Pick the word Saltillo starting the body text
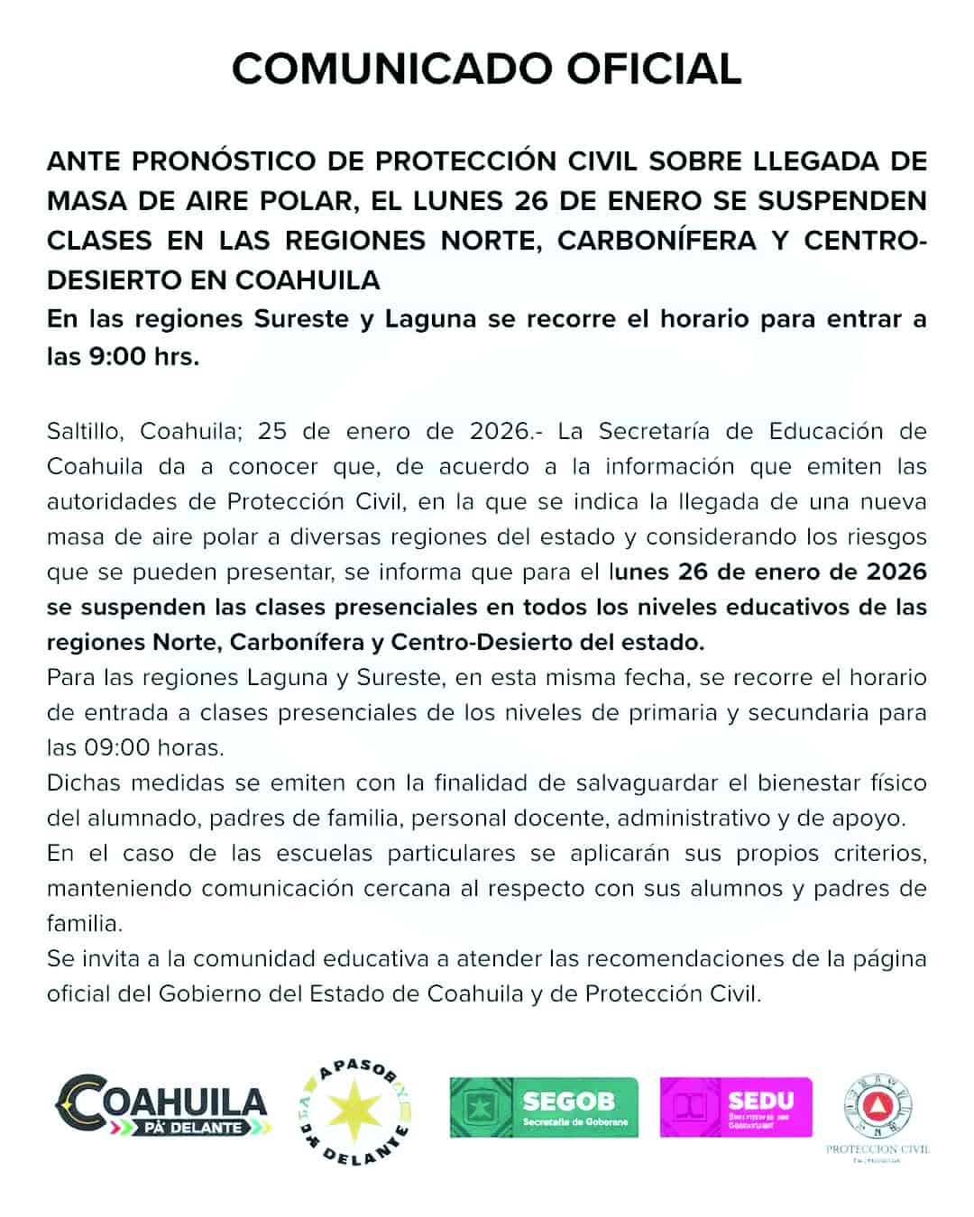(87, 431)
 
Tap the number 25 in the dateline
(273, 431)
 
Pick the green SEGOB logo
(544, 1107)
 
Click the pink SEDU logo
(736, 1107)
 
